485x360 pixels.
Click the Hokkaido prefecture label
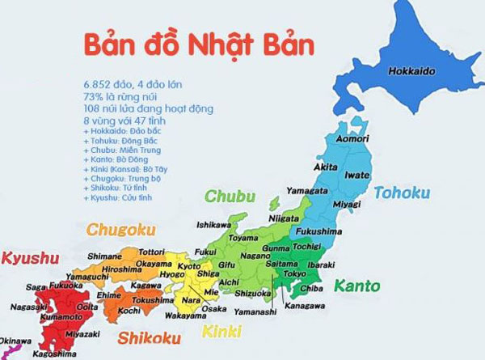point(424,71)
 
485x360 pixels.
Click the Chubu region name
point(230,196)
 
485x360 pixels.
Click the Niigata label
point(281,216)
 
